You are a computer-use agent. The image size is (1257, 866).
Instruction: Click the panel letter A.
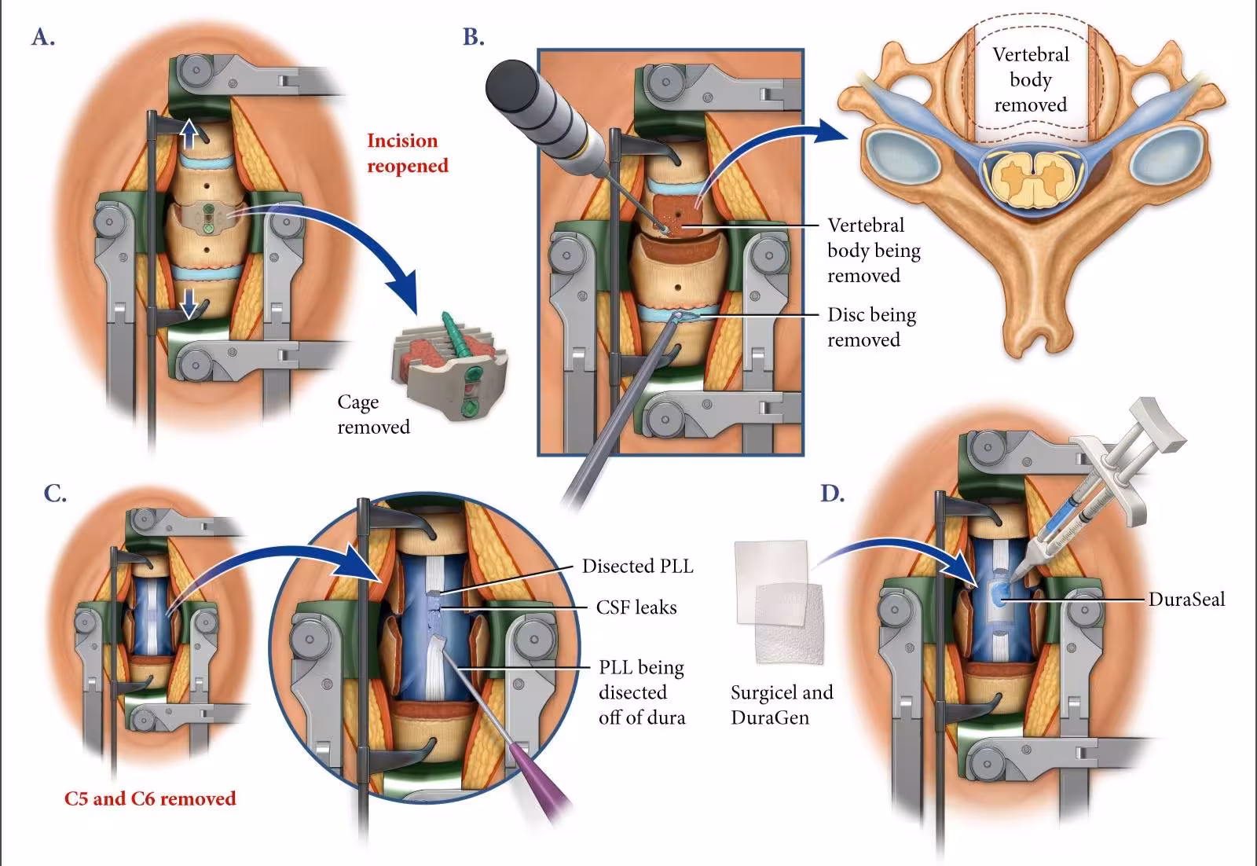click(42, 37)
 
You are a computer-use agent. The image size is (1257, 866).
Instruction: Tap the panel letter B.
click(473, 37)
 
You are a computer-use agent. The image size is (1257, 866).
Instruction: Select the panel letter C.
click(54, 494)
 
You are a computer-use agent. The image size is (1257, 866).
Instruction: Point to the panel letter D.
click(832, 494)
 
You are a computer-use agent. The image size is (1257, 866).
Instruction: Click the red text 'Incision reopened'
click(407, 153)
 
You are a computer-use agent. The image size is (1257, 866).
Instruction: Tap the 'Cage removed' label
click(373, 414)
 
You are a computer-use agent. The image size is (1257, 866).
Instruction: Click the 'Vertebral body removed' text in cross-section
click(1030, 79)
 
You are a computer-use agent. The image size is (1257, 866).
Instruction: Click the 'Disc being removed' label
click(870, 327)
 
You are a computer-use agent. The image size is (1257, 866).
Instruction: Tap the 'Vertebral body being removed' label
click(873, 250)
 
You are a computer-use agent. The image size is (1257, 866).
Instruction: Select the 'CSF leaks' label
click(636, 607)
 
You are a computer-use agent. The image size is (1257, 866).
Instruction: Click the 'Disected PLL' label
click(637, 567)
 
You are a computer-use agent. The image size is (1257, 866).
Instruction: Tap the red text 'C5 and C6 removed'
click(149, 798)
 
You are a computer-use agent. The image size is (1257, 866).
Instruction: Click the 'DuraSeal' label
click(1186, 600)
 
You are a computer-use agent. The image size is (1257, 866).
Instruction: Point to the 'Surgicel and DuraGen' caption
click(781, 705)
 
